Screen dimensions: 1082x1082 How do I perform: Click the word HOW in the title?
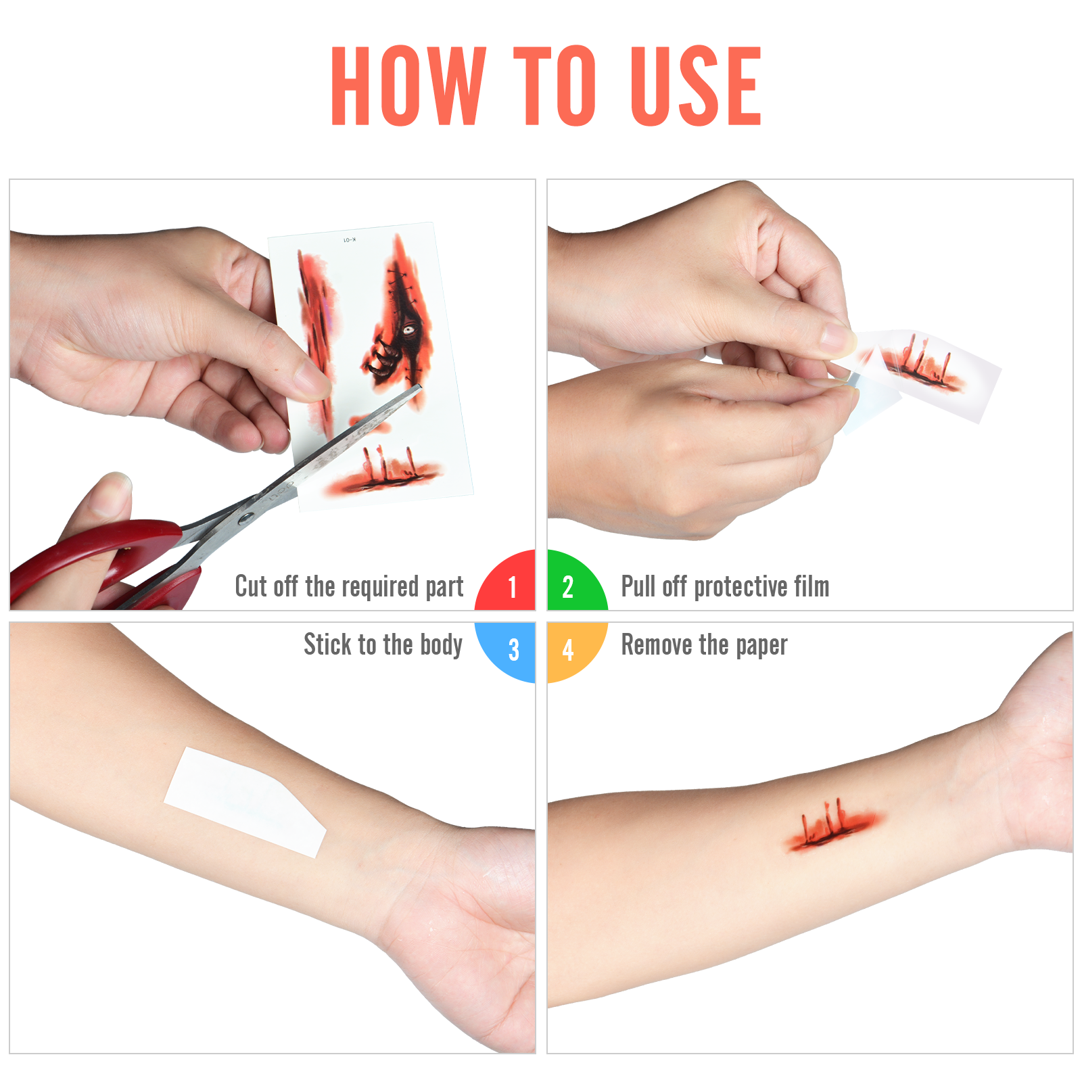(408, 86)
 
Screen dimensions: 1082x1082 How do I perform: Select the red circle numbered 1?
(505, 580)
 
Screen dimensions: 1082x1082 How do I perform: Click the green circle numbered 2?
(577, 580)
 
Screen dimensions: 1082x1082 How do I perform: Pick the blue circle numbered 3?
(505, 652)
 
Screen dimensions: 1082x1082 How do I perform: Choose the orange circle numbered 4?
(577, 652)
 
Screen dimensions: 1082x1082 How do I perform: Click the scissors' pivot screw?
(245, 519)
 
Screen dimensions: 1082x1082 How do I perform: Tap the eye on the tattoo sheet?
(409, 330)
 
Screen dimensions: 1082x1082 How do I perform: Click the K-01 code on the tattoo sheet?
(349, 240)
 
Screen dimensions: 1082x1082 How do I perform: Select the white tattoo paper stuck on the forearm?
(245, 803)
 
